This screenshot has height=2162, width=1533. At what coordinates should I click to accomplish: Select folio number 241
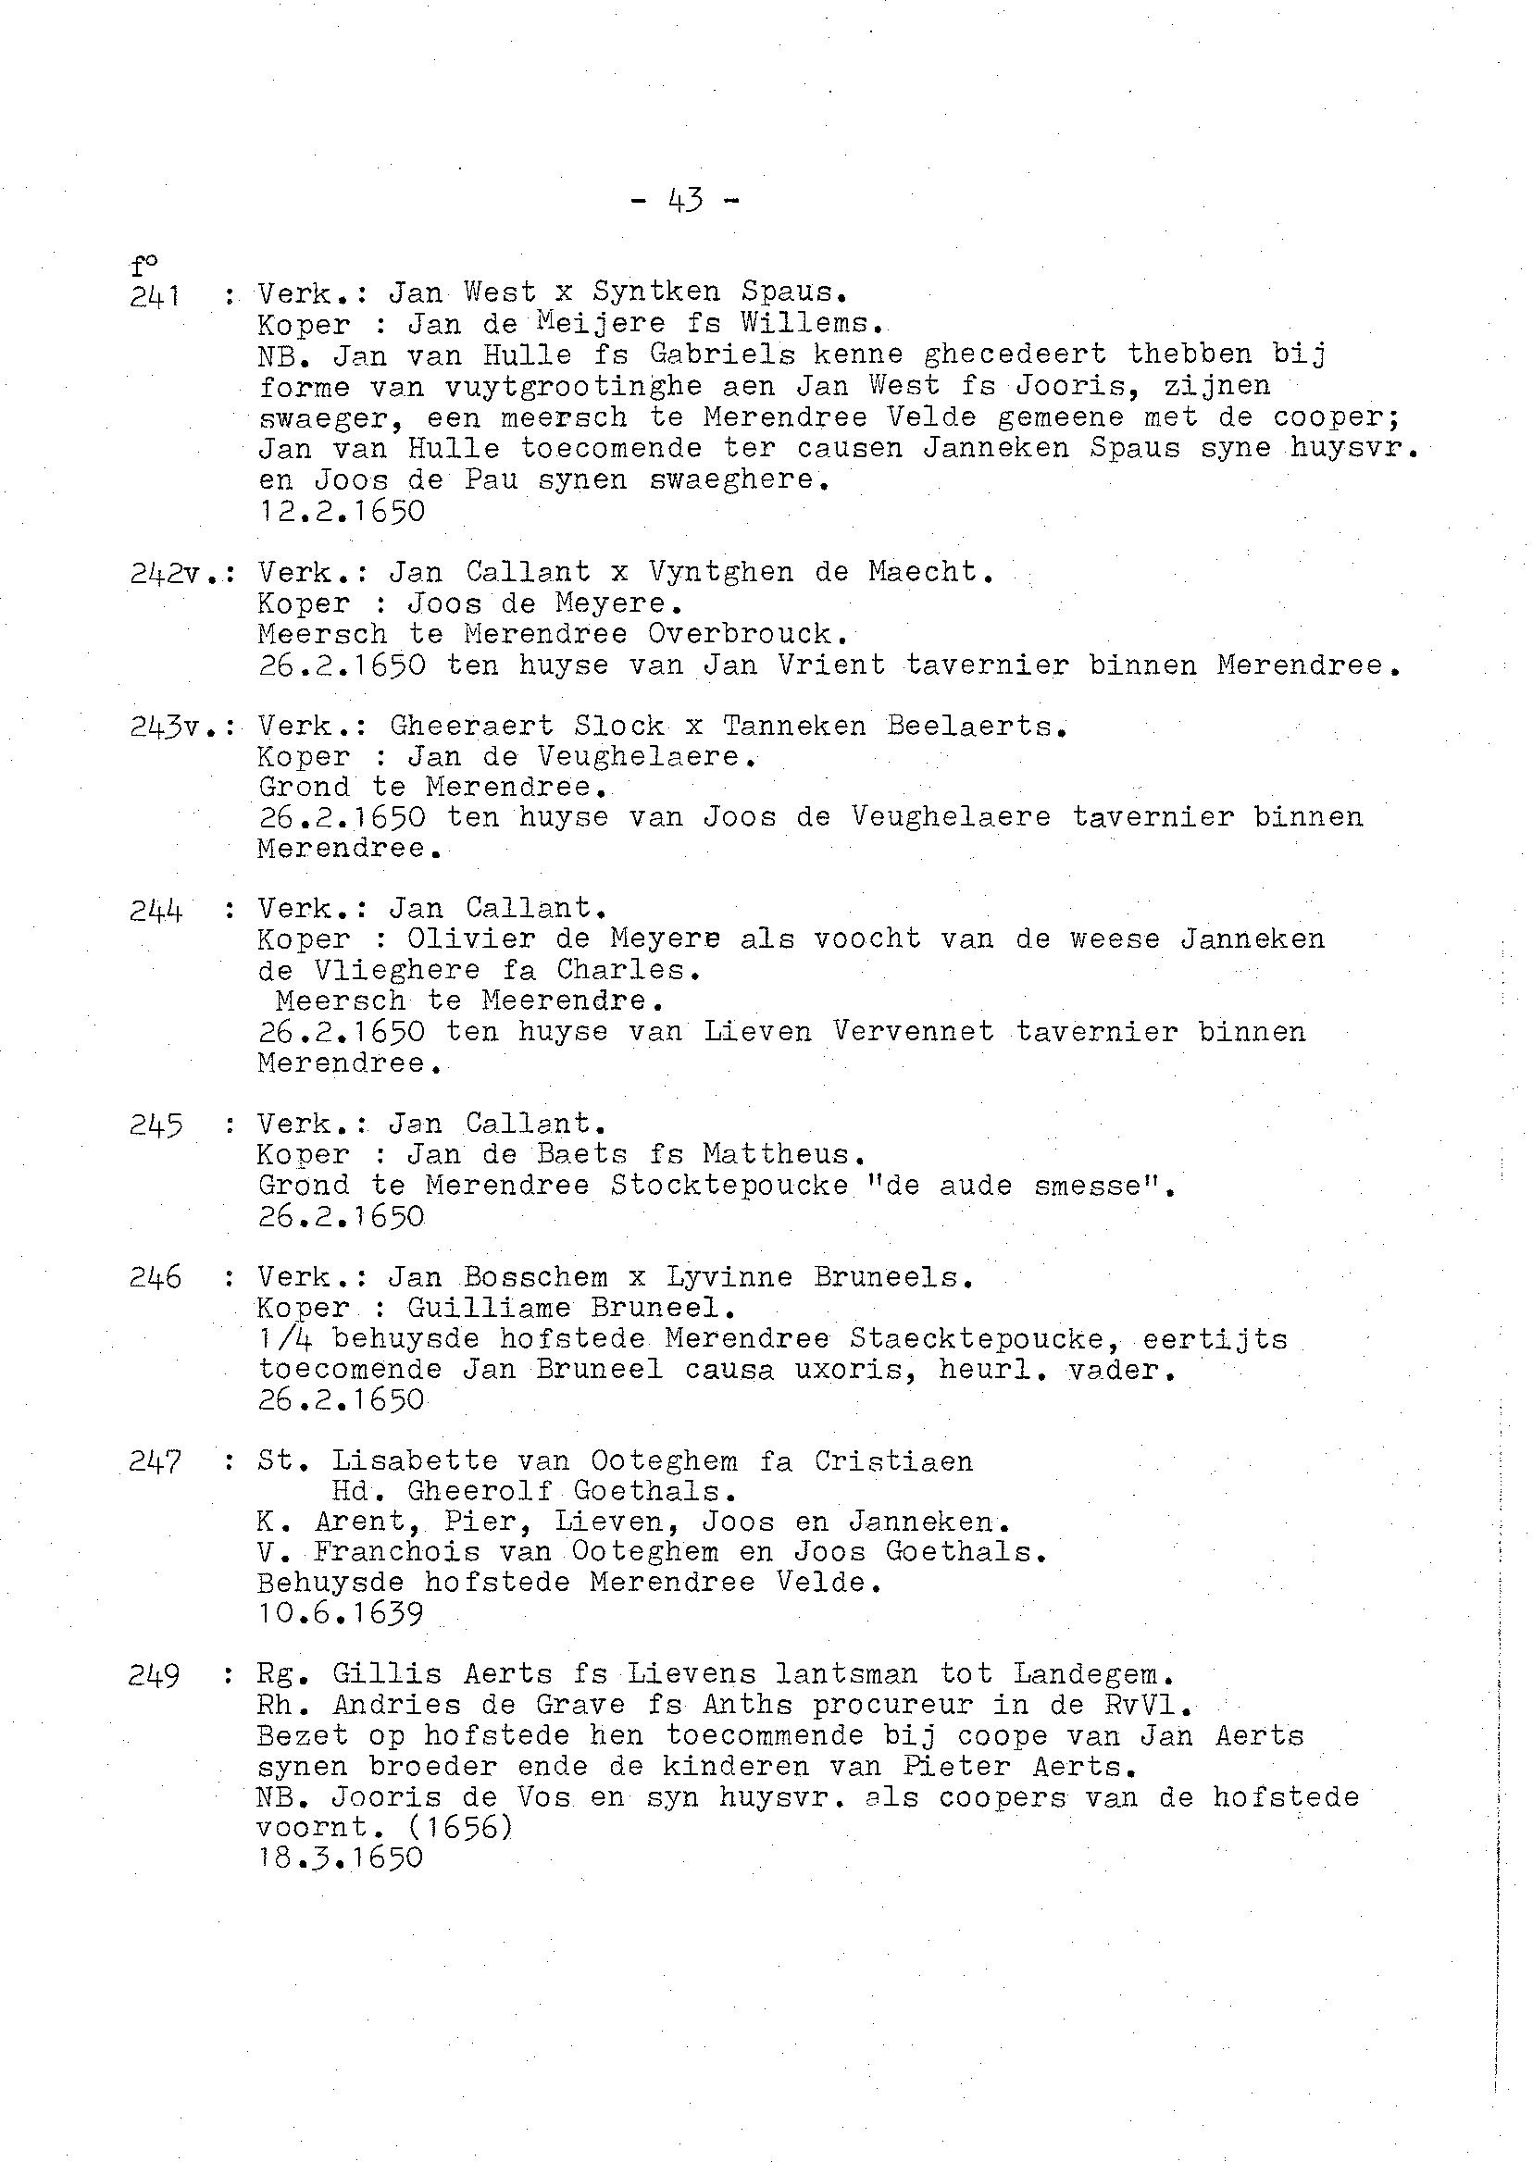tap(156, 296)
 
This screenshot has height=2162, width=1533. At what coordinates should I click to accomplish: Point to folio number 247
tap(156, 1461)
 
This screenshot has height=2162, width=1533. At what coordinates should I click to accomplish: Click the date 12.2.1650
tap(341, 512)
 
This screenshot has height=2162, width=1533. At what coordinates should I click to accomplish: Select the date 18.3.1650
tap(340, 1858)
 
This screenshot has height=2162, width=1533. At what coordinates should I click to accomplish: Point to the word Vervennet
tap(913, 1031)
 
